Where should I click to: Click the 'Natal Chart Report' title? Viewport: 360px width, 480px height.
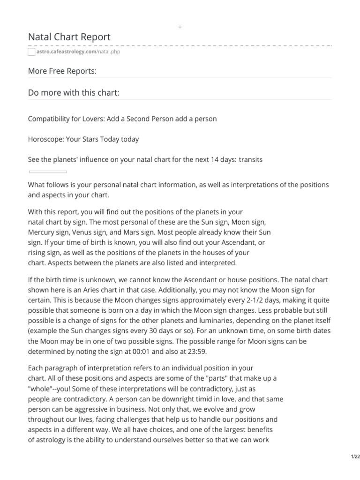(69, 37)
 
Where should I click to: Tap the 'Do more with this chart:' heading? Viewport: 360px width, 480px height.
(74, 93)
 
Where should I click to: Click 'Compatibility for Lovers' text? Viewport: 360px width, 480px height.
(66, 119)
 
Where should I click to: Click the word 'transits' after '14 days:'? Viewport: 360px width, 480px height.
(251, 159)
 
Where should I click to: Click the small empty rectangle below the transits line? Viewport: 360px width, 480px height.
(48, 172)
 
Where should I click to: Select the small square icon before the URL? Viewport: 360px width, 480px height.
(32, 52)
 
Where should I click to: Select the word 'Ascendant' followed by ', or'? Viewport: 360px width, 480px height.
(246, 242)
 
